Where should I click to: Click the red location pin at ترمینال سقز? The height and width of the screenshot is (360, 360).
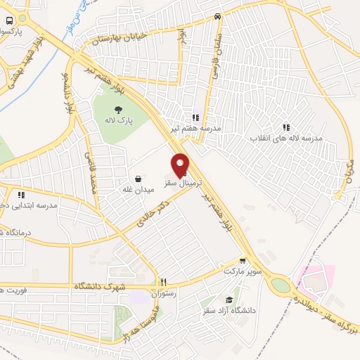point(180,165)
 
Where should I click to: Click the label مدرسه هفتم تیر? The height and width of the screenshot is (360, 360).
point(195,129)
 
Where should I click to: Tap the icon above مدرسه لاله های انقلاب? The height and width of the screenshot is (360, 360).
point(286,127)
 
